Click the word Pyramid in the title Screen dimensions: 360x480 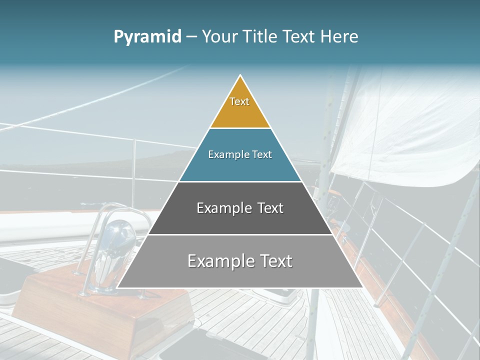click(147, 37)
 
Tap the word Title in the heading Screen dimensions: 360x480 click(261, 36)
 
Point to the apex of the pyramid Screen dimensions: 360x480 click(240, 76)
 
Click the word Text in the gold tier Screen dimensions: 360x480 click(239, 101)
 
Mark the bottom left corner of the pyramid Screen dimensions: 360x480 click(117, 287)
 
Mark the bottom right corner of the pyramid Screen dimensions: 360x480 click(363, 287)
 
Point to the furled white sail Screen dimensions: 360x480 click(400, 130)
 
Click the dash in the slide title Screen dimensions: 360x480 click(191, 37)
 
